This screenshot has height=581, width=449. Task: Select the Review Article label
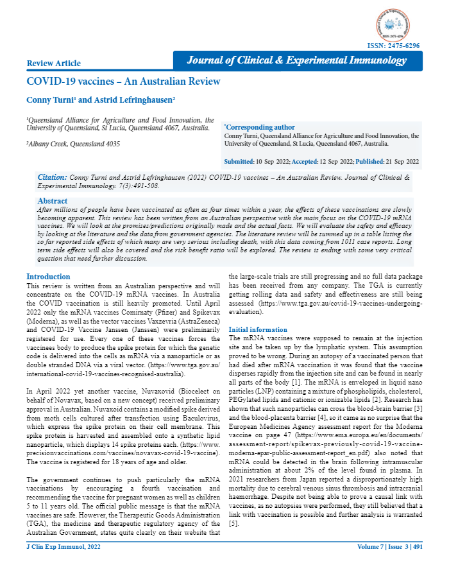[54, 63]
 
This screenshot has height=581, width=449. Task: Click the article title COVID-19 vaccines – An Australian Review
[123, 82]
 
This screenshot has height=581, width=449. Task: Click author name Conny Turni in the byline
[49, 100]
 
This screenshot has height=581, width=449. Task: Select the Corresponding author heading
[260, 127]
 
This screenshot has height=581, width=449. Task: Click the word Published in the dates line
[369, 161]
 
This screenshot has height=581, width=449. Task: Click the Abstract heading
[53, 201]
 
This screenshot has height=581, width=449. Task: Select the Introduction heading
[49, 276]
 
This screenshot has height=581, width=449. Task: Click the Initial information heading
[258, 329]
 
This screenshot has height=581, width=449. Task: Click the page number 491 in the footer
[417, 546]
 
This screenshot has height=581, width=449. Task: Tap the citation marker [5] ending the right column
[233, 525]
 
